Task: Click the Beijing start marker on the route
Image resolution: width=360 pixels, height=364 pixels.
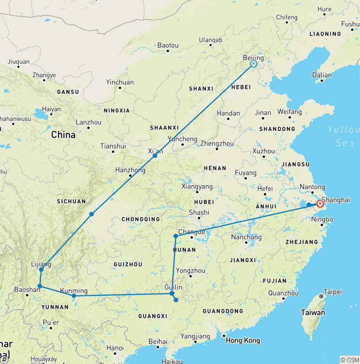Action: pyautogui.click(x=254, y=64)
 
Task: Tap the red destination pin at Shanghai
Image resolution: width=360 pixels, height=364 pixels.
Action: pyautogui.click(x=320, y=204)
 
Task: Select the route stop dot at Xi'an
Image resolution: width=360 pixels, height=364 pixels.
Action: pyautogui.click(x=155, y=155)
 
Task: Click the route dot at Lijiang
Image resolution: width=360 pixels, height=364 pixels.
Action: pyautogui.click(x=41, y=270)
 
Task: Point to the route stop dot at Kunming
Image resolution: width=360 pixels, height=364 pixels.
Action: pyautogui.click(x=74, y=296)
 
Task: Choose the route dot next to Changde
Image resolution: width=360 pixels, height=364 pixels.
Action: pyautogui.click(x=175, y=236)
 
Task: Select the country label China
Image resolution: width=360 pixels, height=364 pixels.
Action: pyautogui.click(x=63, y=135)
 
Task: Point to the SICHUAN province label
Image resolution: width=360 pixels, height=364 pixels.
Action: pyautogui.click(x=71, y=201)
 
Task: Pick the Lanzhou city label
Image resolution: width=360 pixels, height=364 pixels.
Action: pyautogui.click(x=89, y=122)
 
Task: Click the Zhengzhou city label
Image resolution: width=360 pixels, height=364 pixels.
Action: pyautogui.click(x=217, y=143)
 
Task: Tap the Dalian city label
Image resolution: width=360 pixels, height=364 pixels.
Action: pyautogui.click(x=322, y=75)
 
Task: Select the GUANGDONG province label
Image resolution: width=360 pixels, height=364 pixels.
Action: pyautogui.click(x=223, y=311)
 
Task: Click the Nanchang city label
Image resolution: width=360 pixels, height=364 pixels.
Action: pyautogui.click(x=246, y=237)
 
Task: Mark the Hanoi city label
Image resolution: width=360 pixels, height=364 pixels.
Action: pyautogui.click(x=115, y=348)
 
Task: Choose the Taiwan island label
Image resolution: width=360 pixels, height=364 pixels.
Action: pyautogui.click(x=312, y=312)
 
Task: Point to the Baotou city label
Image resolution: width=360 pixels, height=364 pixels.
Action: pyautogui.click(x=168, y=45)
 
